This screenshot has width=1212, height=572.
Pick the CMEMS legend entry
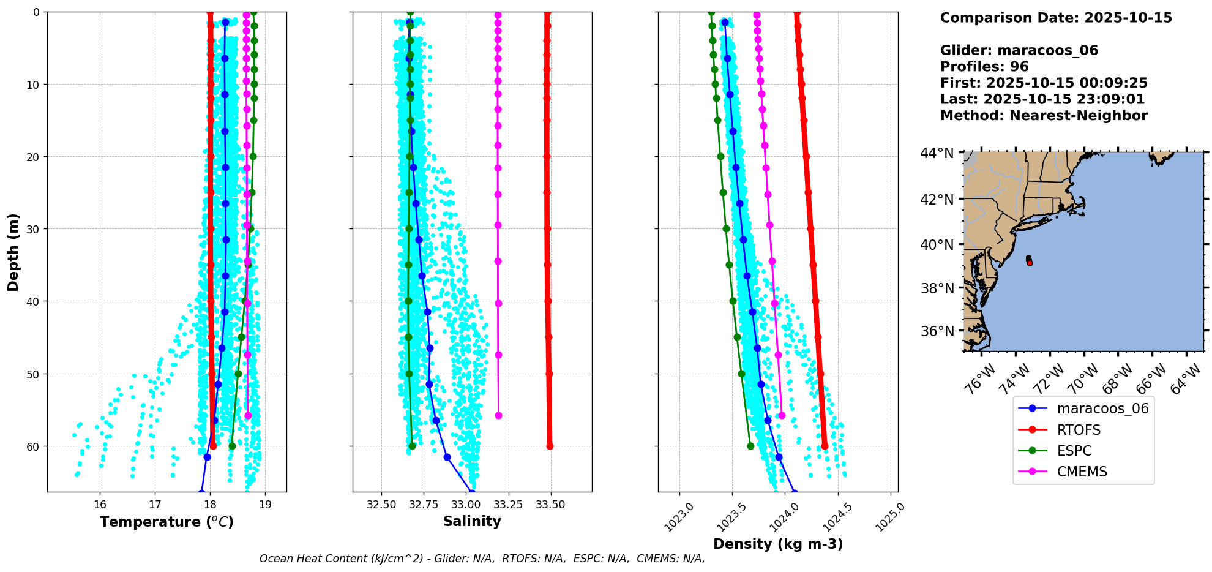click(1082, 472)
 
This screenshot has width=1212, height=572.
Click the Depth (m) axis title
click(13, 252)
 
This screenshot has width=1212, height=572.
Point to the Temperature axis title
click(166, 522)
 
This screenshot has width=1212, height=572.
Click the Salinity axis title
click(472, 521)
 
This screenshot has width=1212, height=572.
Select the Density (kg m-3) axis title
click(778, 544)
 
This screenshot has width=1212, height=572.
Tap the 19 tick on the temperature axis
click(265, 505)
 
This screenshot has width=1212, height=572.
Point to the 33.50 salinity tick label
click(550, 505)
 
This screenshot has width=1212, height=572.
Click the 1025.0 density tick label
click(889, 517)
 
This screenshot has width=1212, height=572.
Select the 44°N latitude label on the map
click(937, 153)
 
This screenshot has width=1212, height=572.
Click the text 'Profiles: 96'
click(984, 67)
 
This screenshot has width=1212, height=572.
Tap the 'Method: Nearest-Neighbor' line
click(1044, 116)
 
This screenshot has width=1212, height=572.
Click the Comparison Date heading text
click(1056, 18)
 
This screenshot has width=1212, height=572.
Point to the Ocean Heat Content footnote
click(482, 559)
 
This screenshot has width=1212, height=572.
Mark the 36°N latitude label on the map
click(937, 331)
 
